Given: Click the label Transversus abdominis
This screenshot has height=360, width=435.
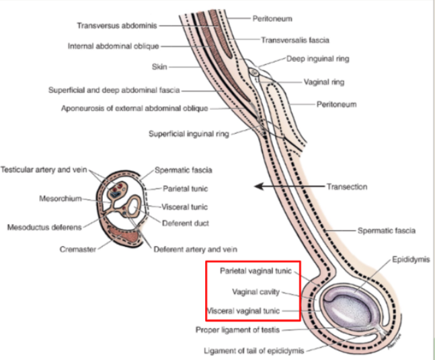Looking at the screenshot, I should tap(116, 26).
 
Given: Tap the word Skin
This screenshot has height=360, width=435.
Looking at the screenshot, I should tap(159, 67).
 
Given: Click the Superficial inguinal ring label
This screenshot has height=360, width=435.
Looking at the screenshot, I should tap(189, 133).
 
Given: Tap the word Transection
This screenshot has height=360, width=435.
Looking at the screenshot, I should tap(347, 186).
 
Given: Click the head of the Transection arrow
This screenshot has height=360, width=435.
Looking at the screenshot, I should tap(258, 186).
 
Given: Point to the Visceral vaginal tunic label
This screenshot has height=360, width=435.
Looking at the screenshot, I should tap(252, 311).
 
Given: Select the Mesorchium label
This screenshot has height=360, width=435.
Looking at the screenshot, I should tap(61, 199).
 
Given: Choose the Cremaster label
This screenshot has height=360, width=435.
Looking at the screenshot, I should tap(79, 248).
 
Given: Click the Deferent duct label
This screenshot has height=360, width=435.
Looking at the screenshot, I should tap(180, 222).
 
